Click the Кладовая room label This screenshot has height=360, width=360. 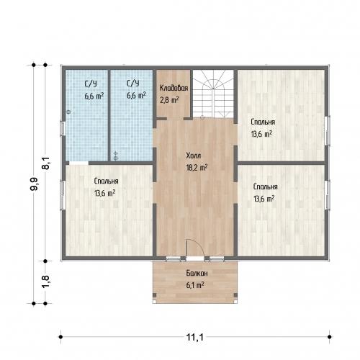(174, 88)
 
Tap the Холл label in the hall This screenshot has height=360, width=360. (194, 156)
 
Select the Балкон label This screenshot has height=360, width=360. (197, 273)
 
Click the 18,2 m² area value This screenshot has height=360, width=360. (197, 167)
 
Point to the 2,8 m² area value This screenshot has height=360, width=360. (169, 99)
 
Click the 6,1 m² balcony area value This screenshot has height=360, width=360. (195, 285)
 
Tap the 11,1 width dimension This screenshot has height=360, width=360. (195, 337)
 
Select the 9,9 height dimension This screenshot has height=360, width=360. (34, 184)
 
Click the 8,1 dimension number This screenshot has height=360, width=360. (45, 163)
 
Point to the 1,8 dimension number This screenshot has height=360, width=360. (45, 281)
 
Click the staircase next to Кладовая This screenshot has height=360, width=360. (213, 94)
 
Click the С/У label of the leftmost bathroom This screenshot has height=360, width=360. (91, 84)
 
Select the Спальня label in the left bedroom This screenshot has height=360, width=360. (106, 181)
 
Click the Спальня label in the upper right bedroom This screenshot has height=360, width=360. (263, 122)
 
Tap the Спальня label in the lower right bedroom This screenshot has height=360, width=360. (266, 186)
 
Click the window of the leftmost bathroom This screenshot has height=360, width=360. (63, 128)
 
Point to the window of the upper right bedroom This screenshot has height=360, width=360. (328, 130)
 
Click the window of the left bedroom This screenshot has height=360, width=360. (63, 195)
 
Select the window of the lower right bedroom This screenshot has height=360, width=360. (328, 195)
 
